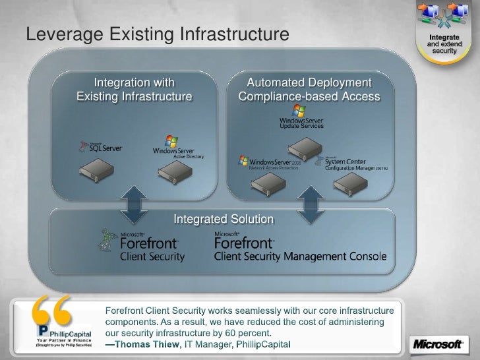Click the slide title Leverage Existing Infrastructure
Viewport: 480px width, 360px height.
pos(157,33)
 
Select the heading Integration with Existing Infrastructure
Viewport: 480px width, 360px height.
pos(135,90)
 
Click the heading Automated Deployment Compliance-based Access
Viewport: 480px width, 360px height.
pos(309,90)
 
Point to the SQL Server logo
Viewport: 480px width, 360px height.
pos(100,148)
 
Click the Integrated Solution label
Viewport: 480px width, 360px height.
pos(223,219)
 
